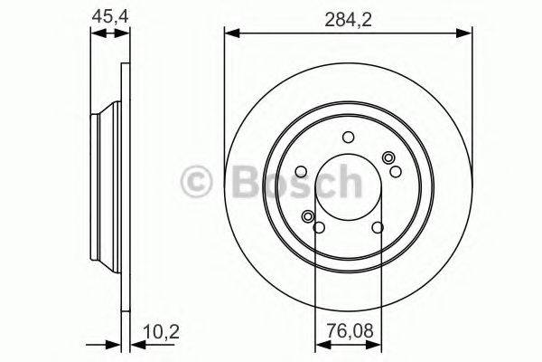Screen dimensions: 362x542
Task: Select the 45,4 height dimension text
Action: tap(107, 15)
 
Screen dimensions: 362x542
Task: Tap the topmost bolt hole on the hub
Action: tap(348, 138)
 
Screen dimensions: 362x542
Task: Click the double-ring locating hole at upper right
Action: tap(390, 159)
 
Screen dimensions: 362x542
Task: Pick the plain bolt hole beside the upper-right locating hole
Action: tap(396, 172)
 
